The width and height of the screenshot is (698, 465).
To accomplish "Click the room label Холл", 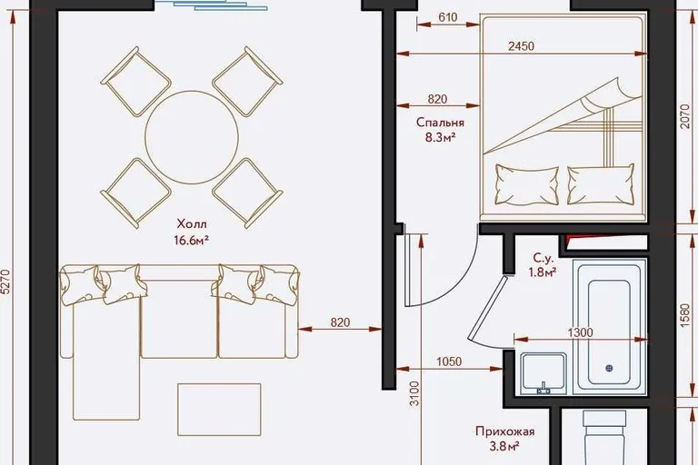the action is click(x=192, y=223).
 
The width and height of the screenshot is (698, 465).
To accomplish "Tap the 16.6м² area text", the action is click(x=192, y=241).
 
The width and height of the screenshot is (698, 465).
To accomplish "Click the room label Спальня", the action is click(x=440, y=123).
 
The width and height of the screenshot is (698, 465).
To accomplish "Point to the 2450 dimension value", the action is click(x=522, y=46).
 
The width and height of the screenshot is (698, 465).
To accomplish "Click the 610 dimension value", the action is click(x=448, y=17).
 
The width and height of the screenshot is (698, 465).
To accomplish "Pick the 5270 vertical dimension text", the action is click(x=7, y=281).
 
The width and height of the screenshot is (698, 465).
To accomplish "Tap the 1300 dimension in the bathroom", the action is click(x=581, y=332).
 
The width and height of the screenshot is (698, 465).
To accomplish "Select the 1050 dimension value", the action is click(x=449, y=361).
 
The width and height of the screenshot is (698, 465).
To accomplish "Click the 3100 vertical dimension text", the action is click(x=414, y=393).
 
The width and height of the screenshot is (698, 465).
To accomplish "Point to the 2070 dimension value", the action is click(x=686, y=116).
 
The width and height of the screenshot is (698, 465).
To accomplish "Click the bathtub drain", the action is click(x=610, y=368).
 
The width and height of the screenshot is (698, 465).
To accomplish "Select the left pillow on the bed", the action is click(x=527, y=184).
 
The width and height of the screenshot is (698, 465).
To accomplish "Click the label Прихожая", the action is click(x=504, y=431).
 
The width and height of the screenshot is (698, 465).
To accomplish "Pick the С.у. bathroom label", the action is click(x=543, y=258).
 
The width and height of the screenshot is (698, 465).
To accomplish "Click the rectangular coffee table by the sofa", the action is click(x=219, y=410).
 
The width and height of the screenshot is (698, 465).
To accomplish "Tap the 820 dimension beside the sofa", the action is click(x=340, y=322).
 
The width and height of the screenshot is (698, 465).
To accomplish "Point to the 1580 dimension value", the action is click(x=686, y=316).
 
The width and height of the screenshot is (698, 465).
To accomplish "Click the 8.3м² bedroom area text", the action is click(x=440, y=137).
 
